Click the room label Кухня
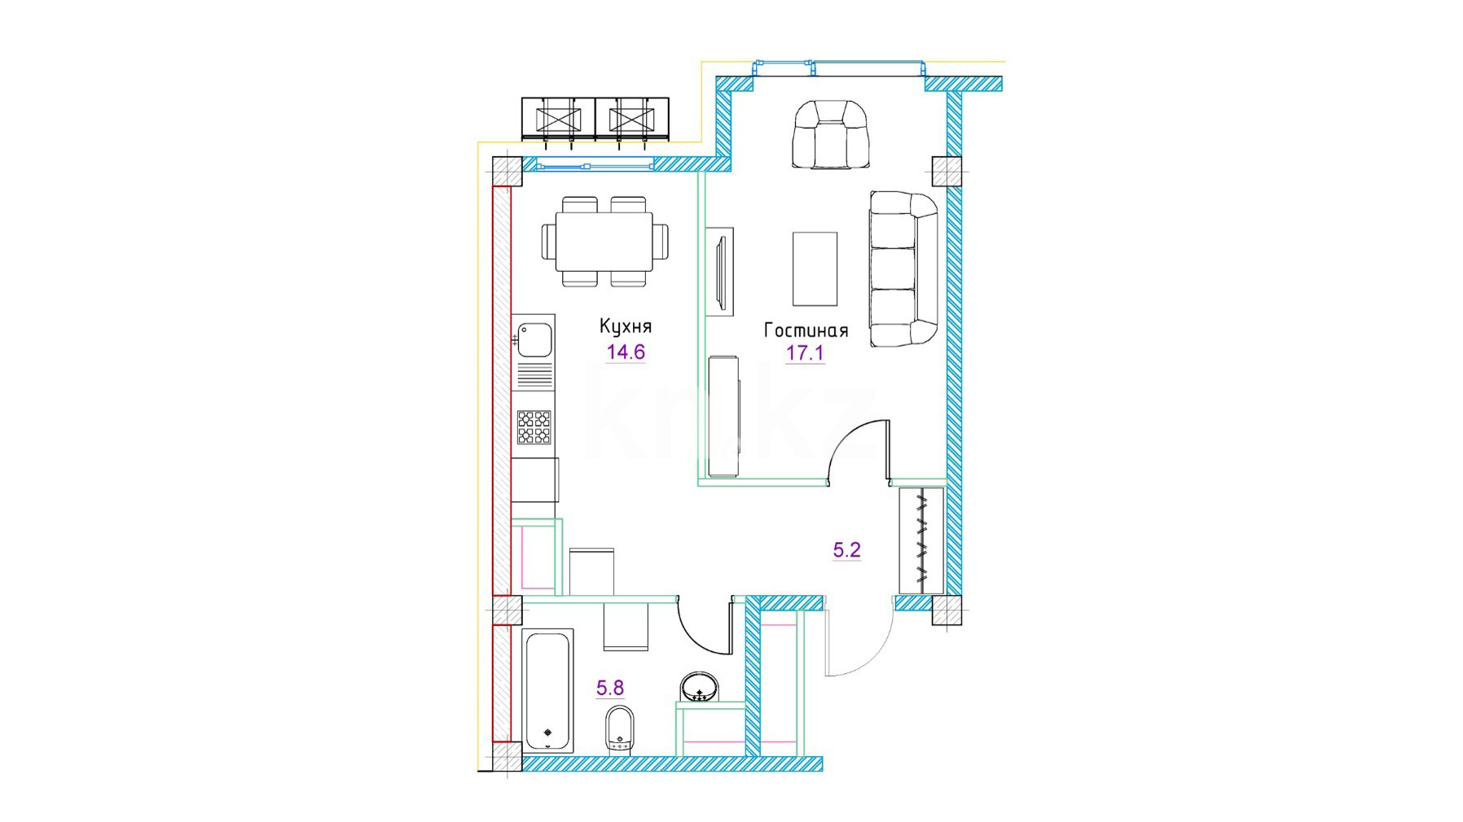click(x=626, y=326)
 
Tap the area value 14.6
click(x=626, y=352)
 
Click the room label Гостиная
click(x=806, y=330)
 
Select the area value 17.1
click(x=805, y=353)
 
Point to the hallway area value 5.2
click(x=847, y=550)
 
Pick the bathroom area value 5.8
click(x=610, y=689)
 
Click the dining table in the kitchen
click(x=604, y=242)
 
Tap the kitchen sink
click(x=535, y=340)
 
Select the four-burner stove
click(x=534, y=427)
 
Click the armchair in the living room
click(x=830, y=134)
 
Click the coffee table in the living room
click(x=815, y=269)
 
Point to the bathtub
click(x=549, y=689)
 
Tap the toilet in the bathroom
click(x=620, y=730)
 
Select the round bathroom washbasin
click(x=699, y=688)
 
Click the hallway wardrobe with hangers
click(x=921, y=540)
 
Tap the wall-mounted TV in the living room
click(x=720, y=272)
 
